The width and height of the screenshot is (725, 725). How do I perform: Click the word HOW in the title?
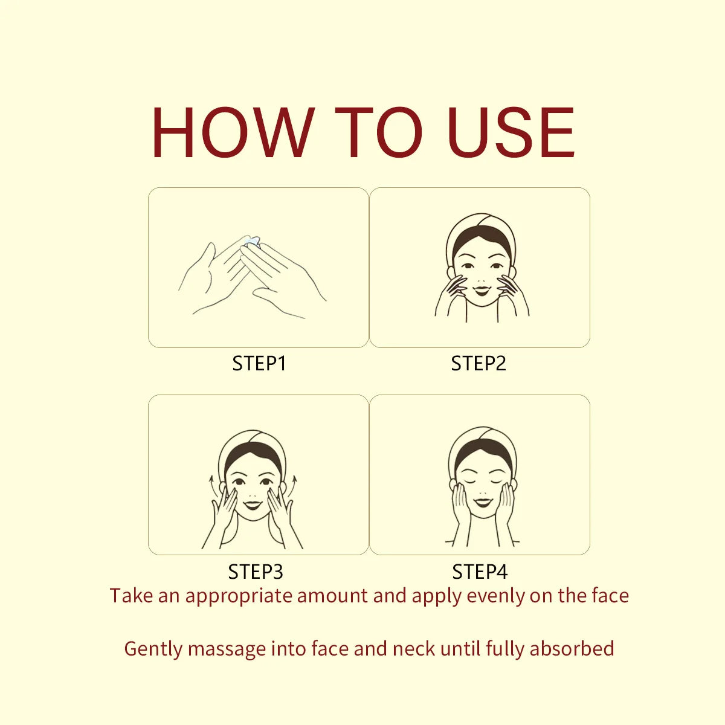[233, 132]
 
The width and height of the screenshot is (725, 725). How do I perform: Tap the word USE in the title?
[511, 132]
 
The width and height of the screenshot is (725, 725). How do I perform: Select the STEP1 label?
[259, 364]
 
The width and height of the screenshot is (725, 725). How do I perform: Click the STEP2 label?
[478, 364]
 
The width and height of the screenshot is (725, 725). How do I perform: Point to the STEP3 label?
[256, 572]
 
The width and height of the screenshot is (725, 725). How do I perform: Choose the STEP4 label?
[480, 572]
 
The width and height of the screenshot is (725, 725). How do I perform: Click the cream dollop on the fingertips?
[251, 241]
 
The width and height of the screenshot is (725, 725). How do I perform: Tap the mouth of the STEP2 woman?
[482, 291]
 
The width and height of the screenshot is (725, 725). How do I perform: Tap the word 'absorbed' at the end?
[572, 648]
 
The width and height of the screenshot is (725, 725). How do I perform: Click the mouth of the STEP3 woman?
[253, 505]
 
